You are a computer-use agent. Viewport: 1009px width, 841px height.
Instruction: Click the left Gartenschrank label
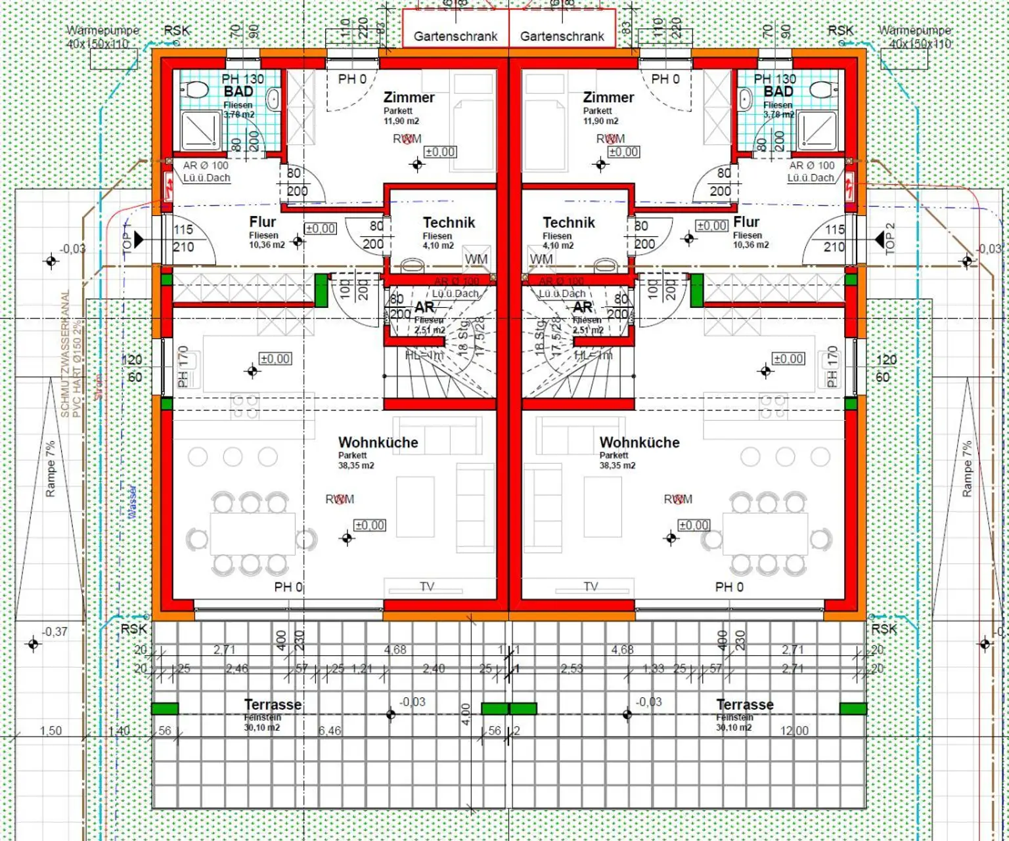point(455,37)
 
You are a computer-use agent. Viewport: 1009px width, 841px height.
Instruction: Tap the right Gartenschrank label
point(562,37)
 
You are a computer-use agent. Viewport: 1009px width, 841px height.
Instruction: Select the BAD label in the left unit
point(238,92)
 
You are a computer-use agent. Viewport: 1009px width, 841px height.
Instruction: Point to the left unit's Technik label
point(449,223)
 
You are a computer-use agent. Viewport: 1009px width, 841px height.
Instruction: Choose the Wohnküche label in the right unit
point(639,442)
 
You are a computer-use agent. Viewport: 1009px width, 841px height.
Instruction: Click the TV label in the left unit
point(427,586)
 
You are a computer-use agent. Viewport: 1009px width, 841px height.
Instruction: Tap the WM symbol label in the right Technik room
point(541,259)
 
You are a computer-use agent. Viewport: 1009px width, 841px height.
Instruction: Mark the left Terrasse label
point(273,704)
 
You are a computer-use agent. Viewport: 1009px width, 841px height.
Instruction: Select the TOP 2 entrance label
point(890,239)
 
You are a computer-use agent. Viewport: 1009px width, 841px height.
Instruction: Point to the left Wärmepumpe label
point(103,30)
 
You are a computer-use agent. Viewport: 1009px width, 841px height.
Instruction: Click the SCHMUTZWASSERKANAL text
point(65,354)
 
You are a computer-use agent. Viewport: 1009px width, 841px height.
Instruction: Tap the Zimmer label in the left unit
point(409,97)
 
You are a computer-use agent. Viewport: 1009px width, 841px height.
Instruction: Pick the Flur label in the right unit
point(746,222)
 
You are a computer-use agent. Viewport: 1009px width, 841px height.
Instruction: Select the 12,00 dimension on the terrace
point(794,731)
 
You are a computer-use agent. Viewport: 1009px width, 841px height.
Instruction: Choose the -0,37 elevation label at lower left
point(55,632)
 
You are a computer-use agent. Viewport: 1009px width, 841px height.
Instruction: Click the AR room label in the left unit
point(424,307)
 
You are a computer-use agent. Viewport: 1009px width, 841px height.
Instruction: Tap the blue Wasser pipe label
point(132,502)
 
